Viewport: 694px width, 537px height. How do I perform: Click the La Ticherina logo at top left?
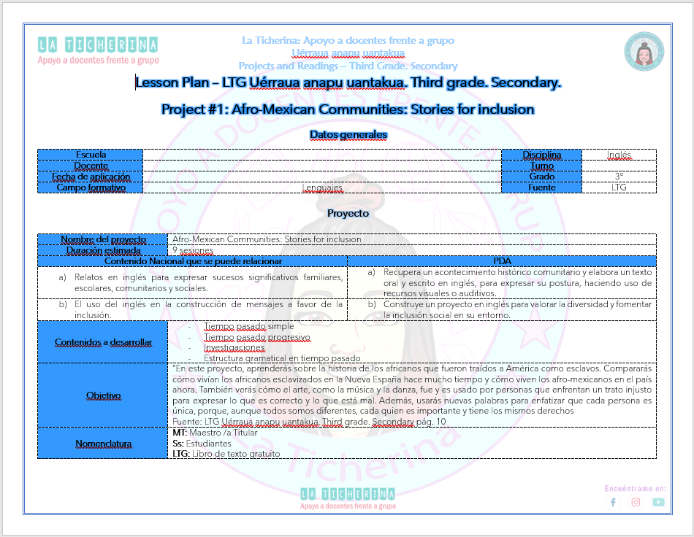[x=98, y=50]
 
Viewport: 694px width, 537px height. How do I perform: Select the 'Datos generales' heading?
[x=348, y=134]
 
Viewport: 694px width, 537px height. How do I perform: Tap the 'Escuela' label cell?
[x=91, y=155]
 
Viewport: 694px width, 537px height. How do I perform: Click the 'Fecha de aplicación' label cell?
[x=91, y=177]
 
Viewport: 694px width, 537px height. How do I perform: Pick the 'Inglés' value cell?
[x=619, y=155]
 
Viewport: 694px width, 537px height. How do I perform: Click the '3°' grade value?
[x=619, y=177]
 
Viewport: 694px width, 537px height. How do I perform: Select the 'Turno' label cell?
[x=541, y=166]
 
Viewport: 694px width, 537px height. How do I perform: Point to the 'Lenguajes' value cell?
[x=322, y=188]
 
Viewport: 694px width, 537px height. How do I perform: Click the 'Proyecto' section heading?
[x=348, y=213]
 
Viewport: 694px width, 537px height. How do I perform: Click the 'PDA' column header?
[x=502, y=261]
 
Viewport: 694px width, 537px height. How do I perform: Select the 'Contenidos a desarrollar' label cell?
[x=103, y=342]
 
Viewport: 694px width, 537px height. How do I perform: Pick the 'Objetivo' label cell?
[x=103, y=395]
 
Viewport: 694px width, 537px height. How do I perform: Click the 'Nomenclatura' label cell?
[x=103, y=444]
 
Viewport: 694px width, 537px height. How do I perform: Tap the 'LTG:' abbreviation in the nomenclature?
[x=180, y=453]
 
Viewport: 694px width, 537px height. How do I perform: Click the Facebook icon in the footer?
[x=613, y=502]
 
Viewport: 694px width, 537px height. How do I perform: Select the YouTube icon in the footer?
[x=658, y=502]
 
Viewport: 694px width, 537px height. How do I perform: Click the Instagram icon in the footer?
[x=636, y=502]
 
